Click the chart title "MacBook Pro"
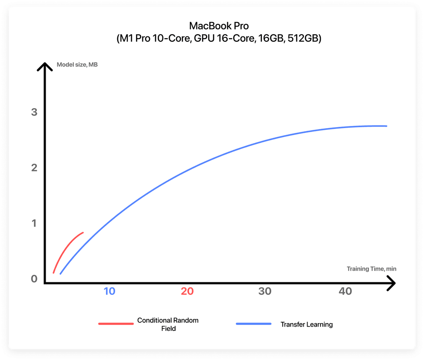pos(219,26)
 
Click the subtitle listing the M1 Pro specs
pos(219,39)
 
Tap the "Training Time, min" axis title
pos(371,269)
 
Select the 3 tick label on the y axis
pos(34,112)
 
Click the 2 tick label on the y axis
pos(34,168)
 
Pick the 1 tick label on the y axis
pos(34,223)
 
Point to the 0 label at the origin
pos(34,279)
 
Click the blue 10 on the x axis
pos(109,291)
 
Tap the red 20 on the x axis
pos(187,291)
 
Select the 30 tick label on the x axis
pos(265,291)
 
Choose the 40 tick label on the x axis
pos(345,291)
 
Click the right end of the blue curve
pos(385,126)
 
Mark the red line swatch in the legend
pos(116,324)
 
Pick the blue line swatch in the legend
pos(253,324)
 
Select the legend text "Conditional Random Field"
pos(168,324)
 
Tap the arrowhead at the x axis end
pos(391,284)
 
